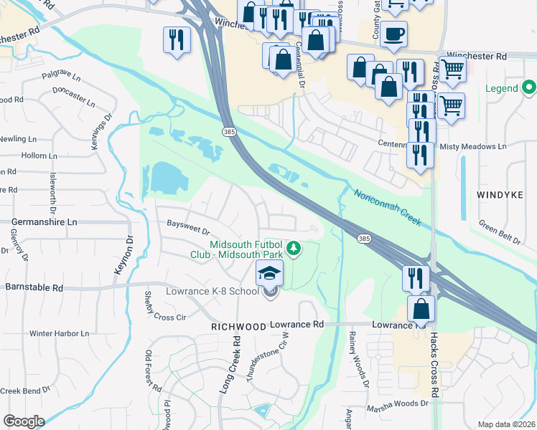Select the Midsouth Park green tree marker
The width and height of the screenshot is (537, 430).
pyautogui.click(x=293, y=248)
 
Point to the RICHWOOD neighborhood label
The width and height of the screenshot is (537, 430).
pyautogui.click(x=238, y=326)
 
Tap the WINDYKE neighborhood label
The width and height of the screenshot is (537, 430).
pyautogui.click(x=501, y=194)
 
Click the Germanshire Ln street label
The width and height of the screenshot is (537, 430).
pyautogui.click(x=42, y=223)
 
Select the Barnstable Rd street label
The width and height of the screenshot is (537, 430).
pyautogui.click(x=34, y=287)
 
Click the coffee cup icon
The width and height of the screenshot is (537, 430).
pyautogui.click(x=393, y=34)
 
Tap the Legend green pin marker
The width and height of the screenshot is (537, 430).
pyautogui.click(x=530, y=88)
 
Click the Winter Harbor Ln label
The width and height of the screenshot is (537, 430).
pyautogui.click(x=59, y=333)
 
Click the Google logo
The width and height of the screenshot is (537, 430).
pyautogui.click(x=24, y=421)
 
